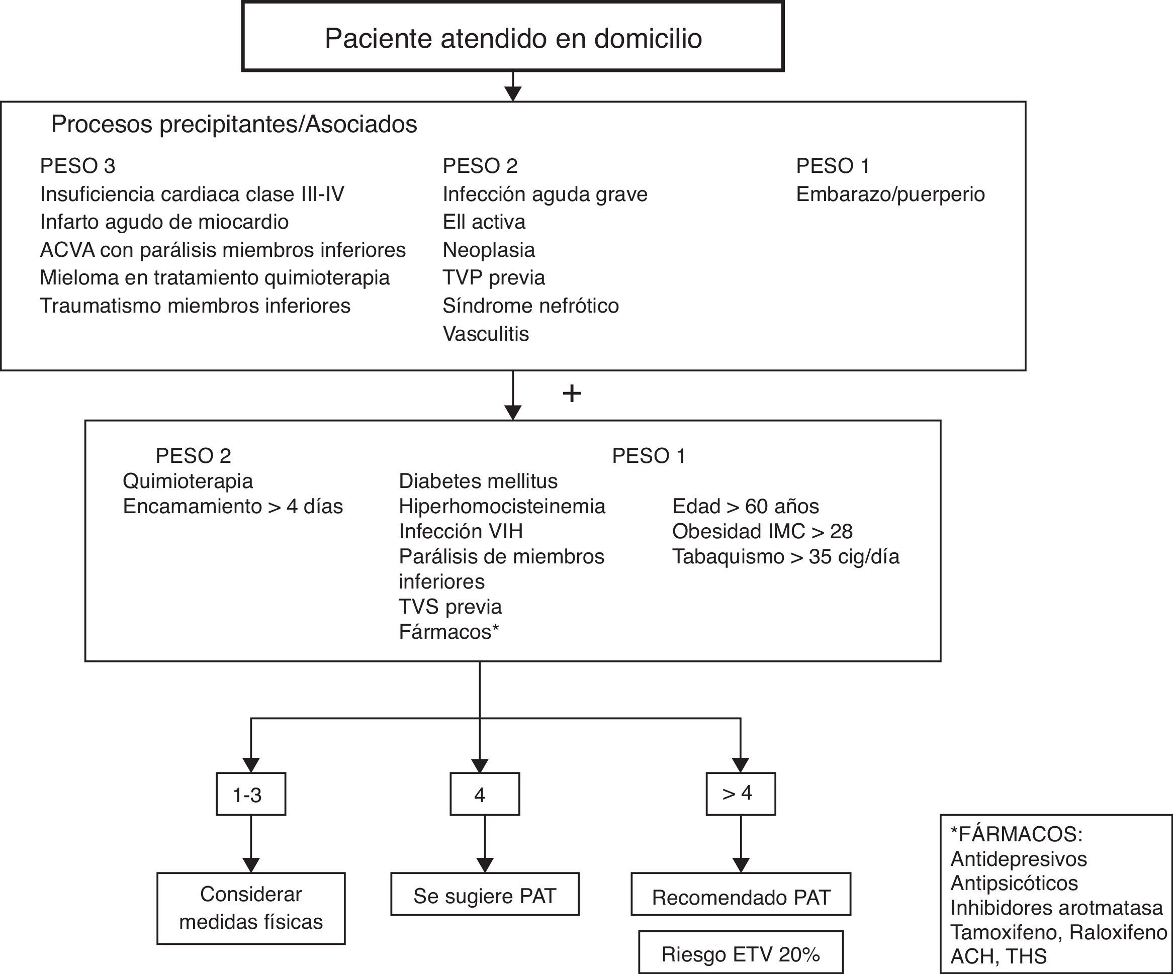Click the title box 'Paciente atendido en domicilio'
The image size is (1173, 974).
click(x=513, y=37)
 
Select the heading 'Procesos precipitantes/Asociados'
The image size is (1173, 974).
click(x=234, y=124)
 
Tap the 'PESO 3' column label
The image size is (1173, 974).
click(x=77, y=166)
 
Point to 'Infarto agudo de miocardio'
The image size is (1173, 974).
click(x=164, y=222)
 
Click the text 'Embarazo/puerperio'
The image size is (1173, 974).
click(x=890, y=194)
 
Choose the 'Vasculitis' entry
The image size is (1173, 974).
click(x=485, y=333)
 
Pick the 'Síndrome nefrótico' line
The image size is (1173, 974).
click(x=530, y=306)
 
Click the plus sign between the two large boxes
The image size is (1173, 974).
click(x=572, y=394)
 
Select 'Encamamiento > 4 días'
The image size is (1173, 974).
click(x=233, y=506)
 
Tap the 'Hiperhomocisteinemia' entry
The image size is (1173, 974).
click(x=502, y=506)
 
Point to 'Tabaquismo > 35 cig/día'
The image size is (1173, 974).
click(x=785, y=556)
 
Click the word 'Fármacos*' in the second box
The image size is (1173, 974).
click(x=448, y=632)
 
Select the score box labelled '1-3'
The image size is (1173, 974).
click(x=251, y=794)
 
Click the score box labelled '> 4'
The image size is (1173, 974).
click(x=740, y=794)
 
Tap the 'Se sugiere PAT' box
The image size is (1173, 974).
click(x=484, y=896)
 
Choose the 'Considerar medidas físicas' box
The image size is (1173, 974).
click(x=251, y=908)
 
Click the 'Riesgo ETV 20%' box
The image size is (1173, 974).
click(x=740, y=954)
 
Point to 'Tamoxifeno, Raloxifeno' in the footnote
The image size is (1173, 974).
click(x=1058, y=932)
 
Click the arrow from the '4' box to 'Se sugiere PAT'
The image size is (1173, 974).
click(x=485, y=844)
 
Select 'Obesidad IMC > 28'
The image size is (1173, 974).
click(x=762, y=531)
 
